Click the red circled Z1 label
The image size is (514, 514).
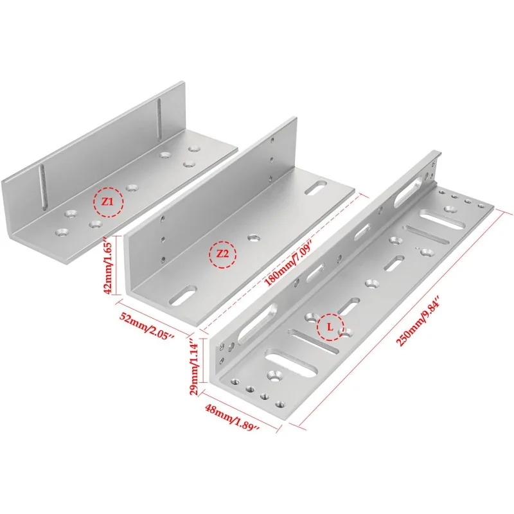coord(108,202)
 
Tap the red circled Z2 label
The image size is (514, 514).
coord(223,254)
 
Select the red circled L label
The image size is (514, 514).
coord(330,327)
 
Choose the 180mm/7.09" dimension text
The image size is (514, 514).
coord(288,258)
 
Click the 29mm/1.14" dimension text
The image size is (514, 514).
coord(193,368)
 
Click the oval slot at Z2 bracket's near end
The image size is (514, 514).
coord(183,296)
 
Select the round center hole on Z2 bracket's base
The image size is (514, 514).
coord(253,238)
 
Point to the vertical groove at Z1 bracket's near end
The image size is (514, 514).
coord(42,188)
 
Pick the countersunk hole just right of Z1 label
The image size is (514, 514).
coord(132,188)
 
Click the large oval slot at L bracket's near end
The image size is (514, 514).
coord(292,365)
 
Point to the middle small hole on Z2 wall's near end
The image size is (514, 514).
coord(163,239)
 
